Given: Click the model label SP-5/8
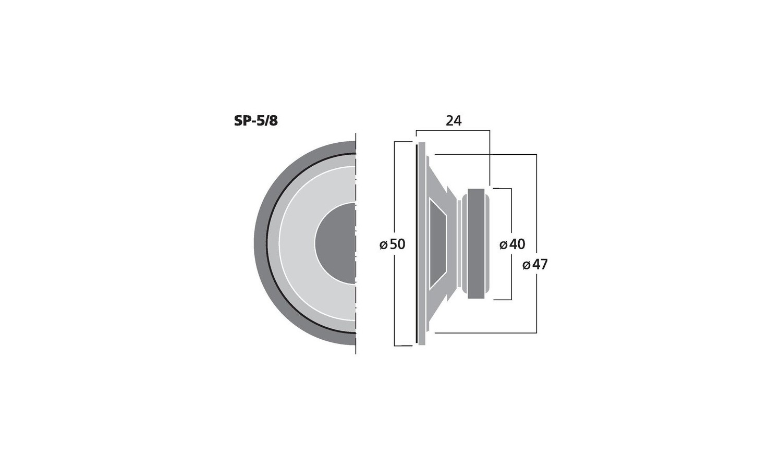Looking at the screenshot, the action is (x=256, y=121).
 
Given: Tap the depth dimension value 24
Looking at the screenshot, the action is (x=454, y=121).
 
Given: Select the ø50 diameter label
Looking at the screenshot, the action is (x=393, y=244).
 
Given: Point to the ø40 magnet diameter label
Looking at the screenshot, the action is (x=512, y=244).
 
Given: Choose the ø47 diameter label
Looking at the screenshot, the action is (x=535, y=265).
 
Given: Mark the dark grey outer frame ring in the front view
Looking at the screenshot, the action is (x=260, y=243).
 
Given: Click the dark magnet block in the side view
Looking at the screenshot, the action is (x=476, y=243).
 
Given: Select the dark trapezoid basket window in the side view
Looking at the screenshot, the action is (x=438, y=243).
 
